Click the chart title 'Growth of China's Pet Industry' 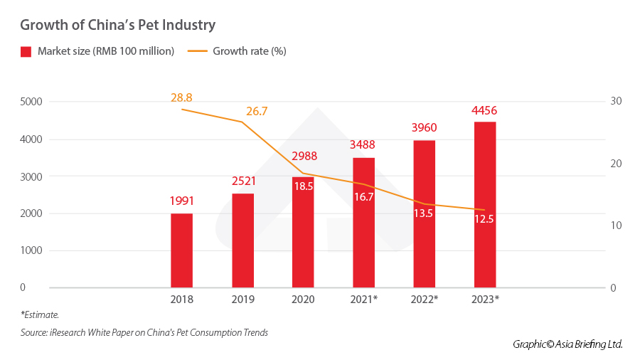117,25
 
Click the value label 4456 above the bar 484,111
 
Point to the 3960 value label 424,129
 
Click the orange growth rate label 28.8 182,97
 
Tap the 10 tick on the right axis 616,226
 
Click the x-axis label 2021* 363,300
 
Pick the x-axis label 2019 242,300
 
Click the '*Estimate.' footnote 40,314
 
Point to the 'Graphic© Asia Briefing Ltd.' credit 567,344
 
